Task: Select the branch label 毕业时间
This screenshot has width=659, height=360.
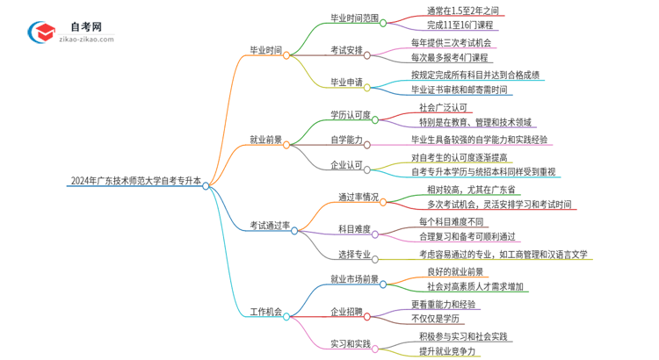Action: pos(265,51)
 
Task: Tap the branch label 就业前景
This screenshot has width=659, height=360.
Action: pos(265,140)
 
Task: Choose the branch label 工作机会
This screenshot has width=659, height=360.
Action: pos(265,312)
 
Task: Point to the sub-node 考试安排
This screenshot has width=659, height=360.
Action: pos(347,50)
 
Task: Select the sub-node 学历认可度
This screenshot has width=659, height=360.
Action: pos(350,114)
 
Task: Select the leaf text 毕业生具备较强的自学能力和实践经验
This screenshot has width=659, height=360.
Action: pos(479,140)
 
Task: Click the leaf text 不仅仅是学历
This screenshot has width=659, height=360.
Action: pos(443,319)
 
